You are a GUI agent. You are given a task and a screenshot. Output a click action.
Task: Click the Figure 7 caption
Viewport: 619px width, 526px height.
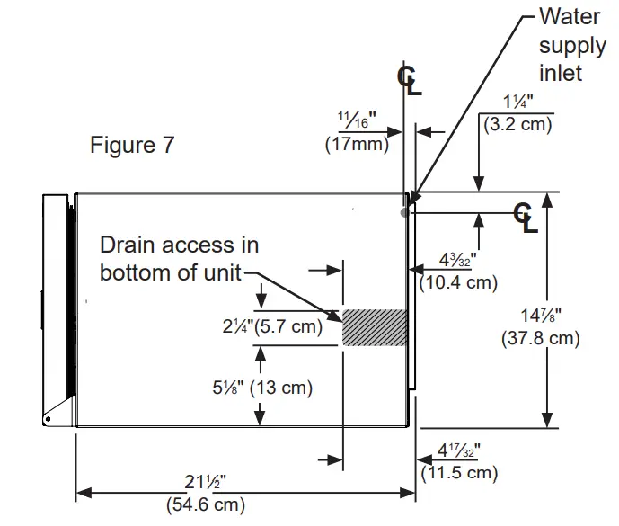point(132,145)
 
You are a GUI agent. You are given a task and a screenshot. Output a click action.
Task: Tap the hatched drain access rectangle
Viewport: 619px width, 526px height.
point(375,327)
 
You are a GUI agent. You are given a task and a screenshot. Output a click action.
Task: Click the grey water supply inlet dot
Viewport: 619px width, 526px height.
point(404,211)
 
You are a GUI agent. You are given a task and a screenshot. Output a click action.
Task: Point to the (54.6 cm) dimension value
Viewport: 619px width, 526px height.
point(206,504)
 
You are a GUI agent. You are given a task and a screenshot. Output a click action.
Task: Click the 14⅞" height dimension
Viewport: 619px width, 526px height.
point(540,316)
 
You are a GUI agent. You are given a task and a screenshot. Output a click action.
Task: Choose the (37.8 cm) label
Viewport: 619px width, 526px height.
point(540,338)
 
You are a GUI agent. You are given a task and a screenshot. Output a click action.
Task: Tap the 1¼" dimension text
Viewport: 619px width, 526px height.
point(518,103)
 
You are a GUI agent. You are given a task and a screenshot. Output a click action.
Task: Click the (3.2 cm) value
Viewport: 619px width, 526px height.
point(517,124)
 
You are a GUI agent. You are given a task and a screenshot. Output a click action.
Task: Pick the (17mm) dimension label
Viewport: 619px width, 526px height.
point(357,142)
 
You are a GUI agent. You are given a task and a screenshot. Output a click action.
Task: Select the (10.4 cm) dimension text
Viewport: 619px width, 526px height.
point(458,281)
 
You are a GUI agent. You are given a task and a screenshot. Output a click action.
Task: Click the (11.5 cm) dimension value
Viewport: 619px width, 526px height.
point(458,471)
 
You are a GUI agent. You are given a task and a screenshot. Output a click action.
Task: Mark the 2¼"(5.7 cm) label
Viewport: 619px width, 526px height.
point(272,326)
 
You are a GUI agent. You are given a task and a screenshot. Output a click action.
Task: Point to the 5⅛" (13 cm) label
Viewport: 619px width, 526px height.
point(262,388)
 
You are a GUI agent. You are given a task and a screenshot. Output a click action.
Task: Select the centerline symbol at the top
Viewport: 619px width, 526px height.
point(409,80)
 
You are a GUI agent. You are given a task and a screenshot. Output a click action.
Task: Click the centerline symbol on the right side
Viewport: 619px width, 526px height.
point(525,217)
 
